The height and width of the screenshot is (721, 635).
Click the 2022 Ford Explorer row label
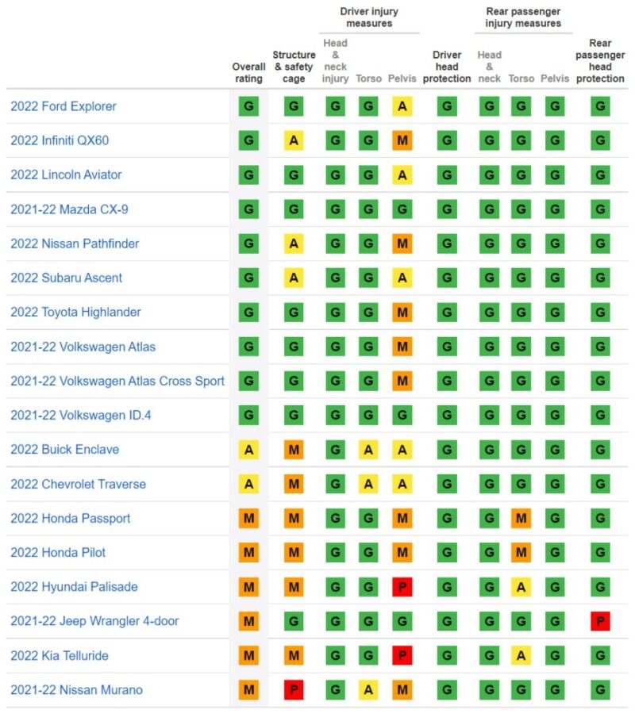pos(63,106)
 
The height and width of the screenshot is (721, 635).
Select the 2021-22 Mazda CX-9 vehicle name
pos(65,209)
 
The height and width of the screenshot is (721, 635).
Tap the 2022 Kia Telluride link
pos(60,656)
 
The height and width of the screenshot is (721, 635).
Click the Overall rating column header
pos(248,73)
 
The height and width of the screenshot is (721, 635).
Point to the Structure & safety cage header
pos(294,67)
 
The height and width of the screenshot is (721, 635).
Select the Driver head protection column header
pos(447,67)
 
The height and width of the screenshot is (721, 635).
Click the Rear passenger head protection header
pos(600,61)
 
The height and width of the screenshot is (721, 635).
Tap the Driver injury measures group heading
pos(369,17)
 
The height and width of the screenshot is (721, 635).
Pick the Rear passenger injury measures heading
pos(522,17)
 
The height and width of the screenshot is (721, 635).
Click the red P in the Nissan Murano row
pos(294,690)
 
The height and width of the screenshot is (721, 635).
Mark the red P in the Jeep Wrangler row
pos(600,621)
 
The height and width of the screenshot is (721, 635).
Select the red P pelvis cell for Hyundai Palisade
pos(402,587)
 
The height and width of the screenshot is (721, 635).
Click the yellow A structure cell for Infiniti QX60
pos(294,140)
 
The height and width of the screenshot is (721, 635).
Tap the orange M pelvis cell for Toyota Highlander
pos(402,313)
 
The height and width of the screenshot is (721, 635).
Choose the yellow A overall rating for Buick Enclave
pos(248,450)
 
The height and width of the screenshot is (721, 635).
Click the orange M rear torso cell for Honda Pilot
pos(521,553)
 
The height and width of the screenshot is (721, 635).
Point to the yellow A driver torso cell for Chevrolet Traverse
pos(368,484)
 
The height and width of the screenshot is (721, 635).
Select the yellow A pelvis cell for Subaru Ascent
pos(402,278)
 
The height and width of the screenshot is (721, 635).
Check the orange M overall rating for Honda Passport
pos(248,519)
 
